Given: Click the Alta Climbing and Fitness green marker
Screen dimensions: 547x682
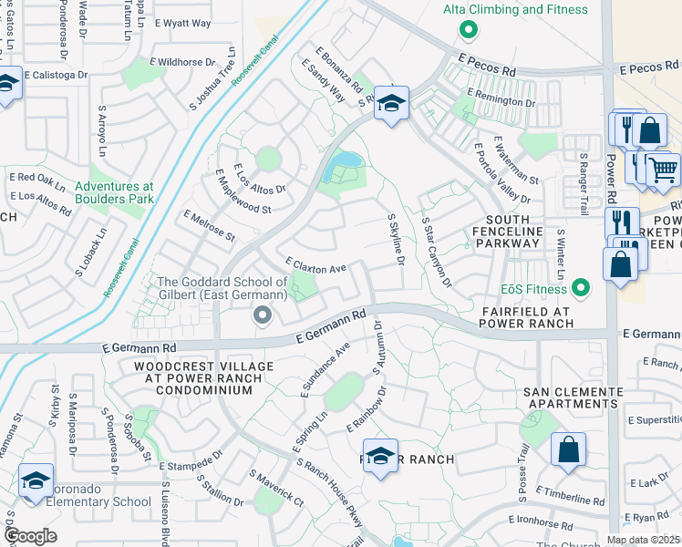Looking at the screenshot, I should pos(469,30).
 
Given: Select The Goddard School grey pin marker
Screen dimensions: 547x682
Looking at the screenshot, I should pos(263,316).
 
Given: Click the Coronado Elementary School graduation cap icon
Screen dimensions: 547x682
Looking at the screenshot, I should pos(36,480).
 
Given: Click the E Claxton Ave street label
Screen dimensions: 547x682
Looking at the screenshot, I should pos(315,265).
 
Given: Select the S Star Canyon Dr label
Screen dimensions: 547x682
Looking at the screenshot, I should pos(437,250).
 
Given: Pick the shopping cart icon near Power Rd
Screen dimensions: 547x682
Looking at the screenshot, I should pos(663,169).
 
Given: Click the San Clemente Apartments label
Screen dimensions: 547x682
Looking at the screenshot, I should pos(573,397).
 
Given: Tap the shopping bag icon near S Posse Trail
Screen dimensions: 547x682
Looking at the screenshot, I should pos(568,449).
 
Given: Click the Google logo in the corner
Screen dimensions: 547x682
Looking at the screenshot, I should pos(30,536).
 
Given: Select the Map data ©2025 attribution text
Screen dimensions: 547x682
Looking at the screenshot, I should pos(642,540).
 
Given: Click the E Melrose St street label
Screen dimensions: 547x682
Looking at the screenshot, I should pos(209,226).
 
